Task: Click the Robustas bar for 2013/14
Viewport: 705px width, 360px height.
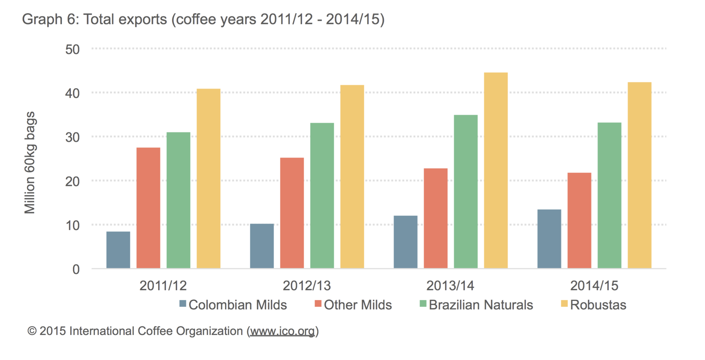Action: [496, 170]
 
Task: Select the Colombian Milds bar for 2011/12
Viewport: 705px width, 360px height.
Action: [118, 250]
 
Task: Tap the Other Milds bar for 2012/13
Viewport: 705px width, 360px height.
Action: [292, 213]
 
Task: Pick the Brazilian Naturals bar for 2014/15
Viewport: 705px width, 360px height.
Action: [609, 195]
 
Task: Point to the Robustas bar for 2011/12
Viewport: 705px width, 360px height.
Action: [208, 178]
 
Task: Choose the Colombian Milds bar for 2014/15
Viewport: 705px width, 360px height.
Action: [549, 239]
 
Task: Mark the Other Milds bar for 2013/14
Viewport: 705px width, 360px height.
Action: [435, 218]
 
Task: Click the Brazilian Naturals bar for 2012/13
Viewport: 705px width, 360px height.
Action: [322, 196]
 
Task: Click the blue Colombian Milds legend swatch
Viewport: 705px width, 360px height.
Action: [182, 304]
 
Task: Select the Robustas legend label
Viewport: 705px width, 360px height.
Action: [598, 305]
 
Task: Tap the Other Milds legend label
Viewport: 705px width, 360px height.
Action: [358, 305]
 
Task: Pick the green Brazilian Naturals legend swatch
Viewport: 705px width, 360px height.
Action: [423, 304]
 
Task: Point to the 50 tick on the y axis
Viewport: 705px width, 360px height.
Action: [73, 50]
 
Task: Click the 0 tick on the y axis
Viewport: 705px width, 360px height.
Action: [76, 269]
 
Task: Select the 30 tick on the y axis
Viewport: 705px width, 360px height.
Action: [73, 138]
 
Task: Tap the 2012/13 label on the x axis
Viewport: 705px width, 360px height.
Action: [307, 286]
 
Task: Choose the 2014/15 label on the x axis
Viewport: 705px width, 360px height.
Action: [594, 286]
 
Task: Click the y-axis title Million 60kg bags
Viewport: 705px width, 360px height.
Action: [30, 163]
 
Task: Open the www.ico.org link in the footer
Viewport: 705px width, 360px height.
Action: [282, 331]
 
